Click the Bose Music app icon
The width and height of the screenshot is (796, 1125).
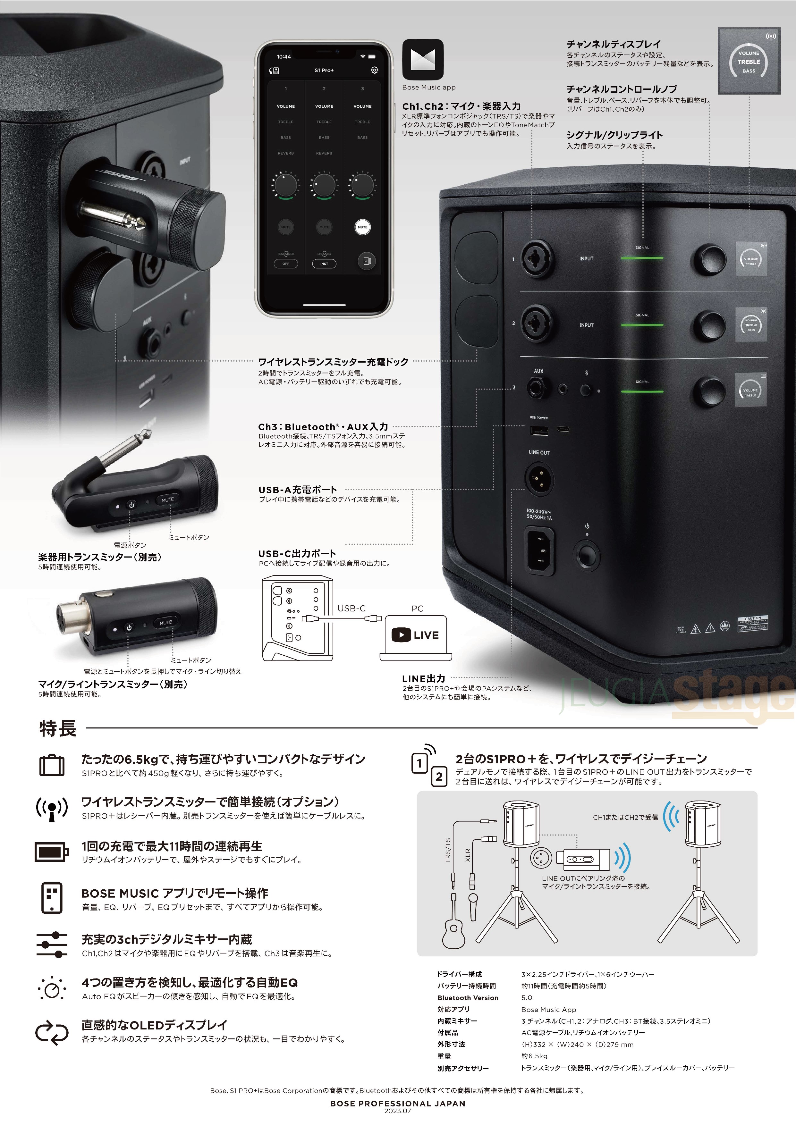click(x=422, y=60)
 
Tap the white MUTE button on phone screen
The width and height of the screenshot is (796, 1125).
click(x=362, y=227)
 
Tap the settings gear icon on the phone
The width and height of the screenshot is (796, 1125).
click(x=375, y=71)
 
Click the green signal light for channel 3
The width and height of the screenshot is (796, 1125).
click(x=642, y=391)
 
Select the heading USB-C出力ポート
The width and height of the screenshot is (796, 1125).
click(x=297, y=553)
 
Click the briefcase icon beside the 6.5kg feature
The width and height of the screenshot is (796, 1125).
click(x=52, y=765)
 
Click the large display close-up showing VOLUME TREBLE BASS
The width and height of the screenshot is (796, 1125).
click(x=749, y=61)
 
